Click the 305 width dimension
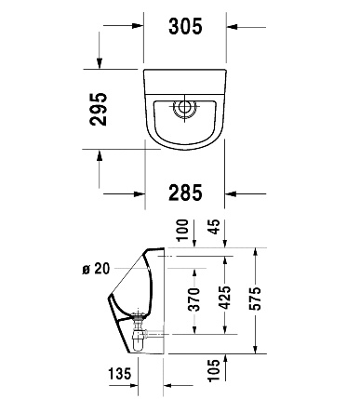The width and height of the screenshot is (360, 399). pos(185,26)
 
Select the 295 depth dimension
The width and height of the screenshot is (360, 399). pos(98,109)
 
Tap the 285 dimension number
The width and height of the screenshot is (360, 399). pos(185,193)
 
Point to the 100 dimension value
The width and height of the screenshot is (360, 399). pos(182,230)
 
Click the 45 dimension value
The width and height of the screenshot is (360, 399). pos(214,227)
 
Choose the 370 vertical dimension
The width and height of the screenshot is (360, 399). pos(194,299)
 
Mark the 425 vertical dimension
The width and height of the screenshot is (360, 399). pos(224,298)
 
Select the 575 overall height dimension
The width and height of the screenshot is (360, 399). pos(255,299)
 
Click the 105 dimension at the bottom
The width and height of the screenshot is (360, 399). pos(214,370)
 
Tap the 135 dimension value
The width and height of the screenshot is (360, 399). pos(120,373)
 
